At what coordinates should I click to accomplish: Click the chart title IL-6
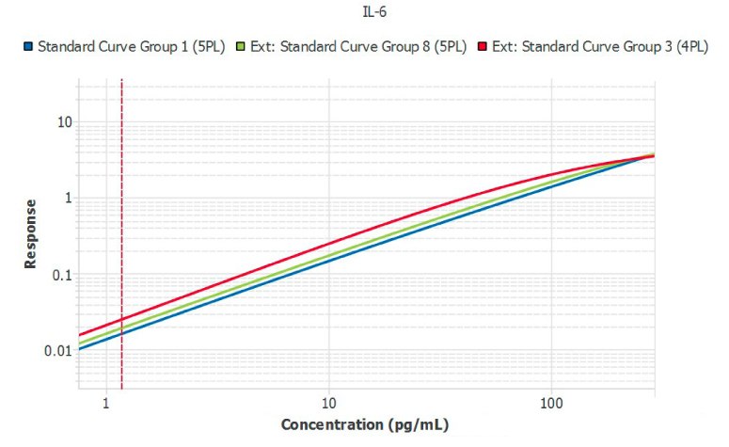(363, 13)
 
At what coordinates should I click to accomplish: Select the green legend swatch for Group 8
(243, 46)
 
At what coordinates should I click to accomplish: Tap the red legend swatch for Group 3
(483, 46)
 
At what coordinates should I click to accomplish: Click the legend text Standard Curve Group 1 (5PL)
(131, 46)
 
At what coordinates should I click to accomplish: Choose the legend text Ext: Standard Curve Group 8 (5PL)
(358, 46)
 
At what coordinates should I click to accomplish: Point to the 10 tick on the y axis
(64, 122)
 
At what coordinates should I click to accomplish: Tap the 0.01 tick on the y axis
(58, 351)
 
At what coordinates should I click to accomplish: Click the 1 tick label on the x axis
(107, 406)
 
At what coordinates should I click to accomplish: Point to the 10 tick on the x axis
(329, 406)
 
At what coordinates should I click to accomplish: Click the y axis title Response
(30, 233)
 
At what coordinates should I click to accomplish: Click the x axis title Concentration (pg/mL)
(365, 425)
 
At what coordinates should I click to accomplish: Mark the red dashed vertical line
(122, 235)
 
